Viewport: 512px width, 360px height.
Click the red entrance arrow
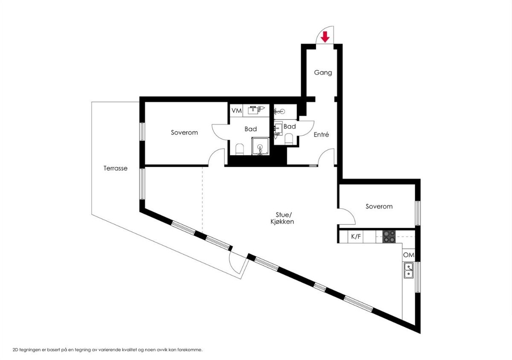point(325,37)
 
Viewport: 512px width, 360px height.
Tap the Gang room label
point(323,73)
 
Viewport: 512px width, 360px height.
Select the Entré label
point(321,135)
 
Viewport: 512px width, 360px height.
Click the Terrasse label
point(116,168)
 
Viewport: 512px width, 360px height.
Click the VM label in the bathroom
point(236,110)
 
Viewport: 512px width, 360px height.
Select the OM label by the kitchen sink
point(408,255)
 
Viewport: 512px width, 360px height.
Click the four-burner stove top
point(389,236)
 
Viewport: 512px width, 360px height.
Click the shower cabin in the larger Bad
point(260,146)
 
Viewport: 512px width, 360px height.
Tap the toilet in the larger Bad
point(239,149)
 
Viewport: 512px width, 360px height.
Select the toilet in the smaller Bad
point(288,139)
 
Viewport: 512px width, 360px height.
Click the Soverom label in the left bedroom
point(184,133)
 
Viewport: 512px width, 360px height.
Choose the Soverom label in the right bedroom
point(379,206)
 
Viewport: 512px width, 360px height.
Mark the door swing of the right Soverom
point(348,217)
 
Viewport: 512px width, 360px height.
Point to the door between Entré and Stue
point(327,157)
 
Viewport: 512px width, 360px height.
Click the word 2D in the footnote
point(16,349)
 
